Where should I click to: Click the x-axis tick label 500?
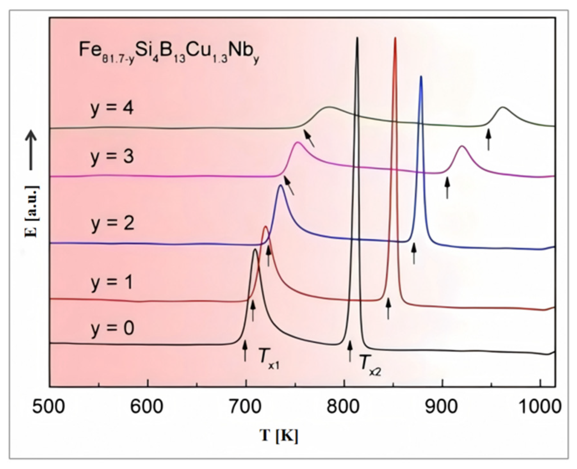(49, 407)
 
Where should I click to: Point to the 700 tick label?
(245, 407)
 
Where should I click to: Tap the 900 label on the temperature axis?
(442, 407)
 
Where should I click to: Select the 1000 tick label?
(540, 407)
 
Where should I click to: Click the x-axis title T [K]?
(279, 436)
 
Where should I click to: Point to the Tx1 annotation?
(269, 362)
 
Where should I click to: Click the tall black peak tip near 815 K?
(357, 38)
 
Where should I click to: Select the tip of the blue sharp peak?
(421, 77)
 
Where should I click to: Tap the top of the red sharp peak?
(395, 38)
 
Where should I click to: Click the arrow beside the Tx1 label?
(245, 351)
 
